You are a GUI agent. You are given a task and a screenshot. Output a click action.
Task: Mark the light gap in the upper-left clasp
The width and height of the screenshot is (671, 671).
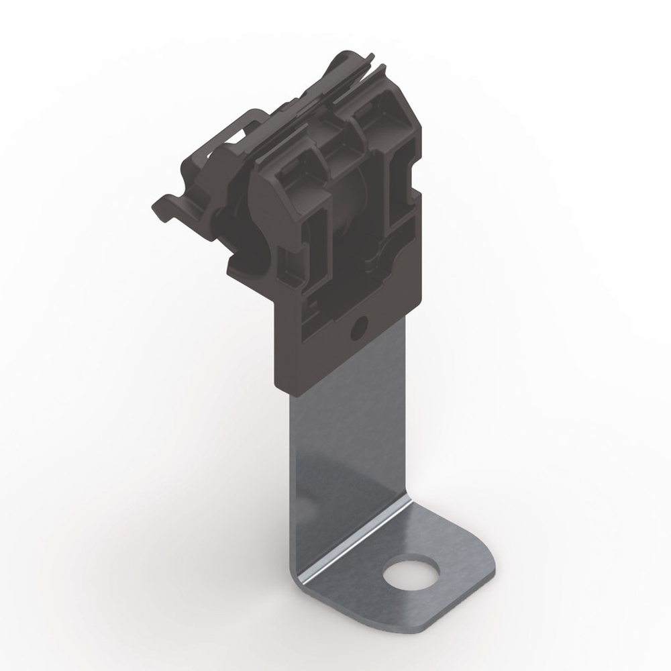point(231,138)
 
